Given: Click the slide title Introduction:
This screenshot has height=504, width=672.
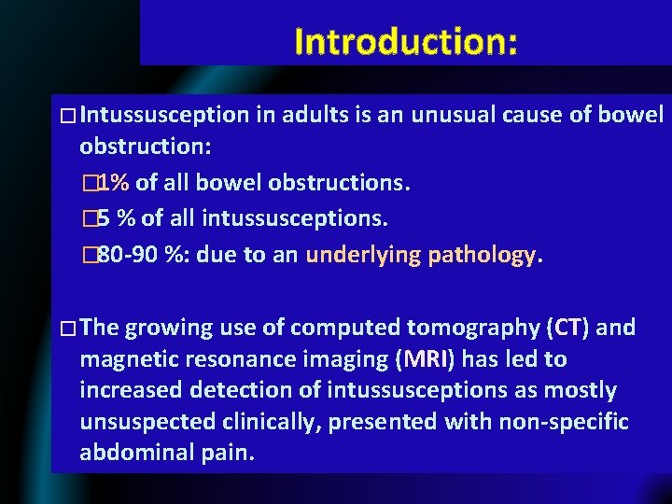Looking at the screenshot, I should point(405,41).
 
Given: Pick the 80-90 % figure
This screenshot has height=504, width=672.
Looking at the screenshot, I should point(131,255).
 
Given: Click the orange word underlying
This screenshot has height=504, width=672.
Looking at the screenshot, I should point(362,255).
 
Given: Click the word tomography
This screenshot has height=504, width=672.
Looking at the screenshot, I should point(460,328).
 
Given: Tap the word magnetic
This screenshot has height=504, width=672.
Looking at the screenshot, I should point(130,359).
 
